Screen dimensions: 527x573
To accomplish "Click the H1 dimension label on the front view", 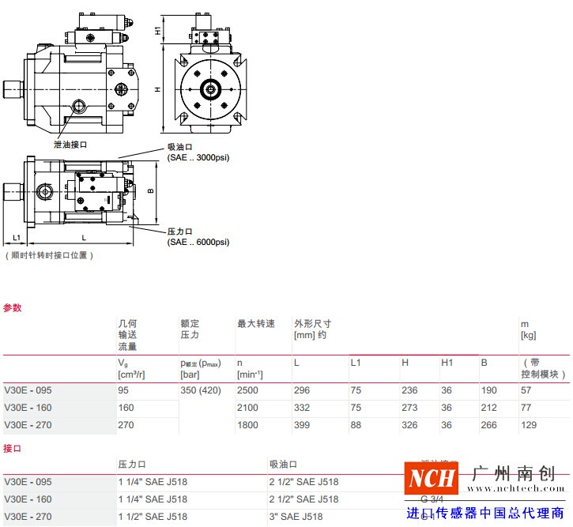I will [158, 31].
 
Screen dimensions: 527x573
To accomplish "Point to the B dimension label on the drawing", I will [150, 190].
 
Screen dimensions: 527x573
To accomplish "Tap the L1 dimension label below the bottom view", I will [15, 237].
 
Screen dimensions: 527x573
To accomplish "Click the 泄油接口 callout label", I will [70, 145].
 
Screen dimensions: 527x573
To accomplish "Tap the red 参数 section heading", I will [13, 307].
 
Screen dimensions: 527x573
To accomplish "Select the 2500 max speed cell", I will [248, 390].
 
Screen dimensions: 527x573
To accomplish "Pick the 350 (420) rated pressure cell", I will [202, 390].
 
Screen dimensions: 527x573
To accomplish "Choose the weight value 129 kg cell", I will [527, 424].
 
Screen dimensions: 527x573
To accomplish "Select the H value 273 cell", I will [409, 408].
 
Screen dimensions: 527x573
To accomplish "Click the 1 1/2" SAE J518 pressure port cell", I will [153, 517].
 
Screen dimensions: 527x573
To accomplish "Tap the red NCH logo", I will [432, 478].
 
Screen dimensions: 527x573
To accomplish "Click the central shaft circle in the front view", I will [211, 89].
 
